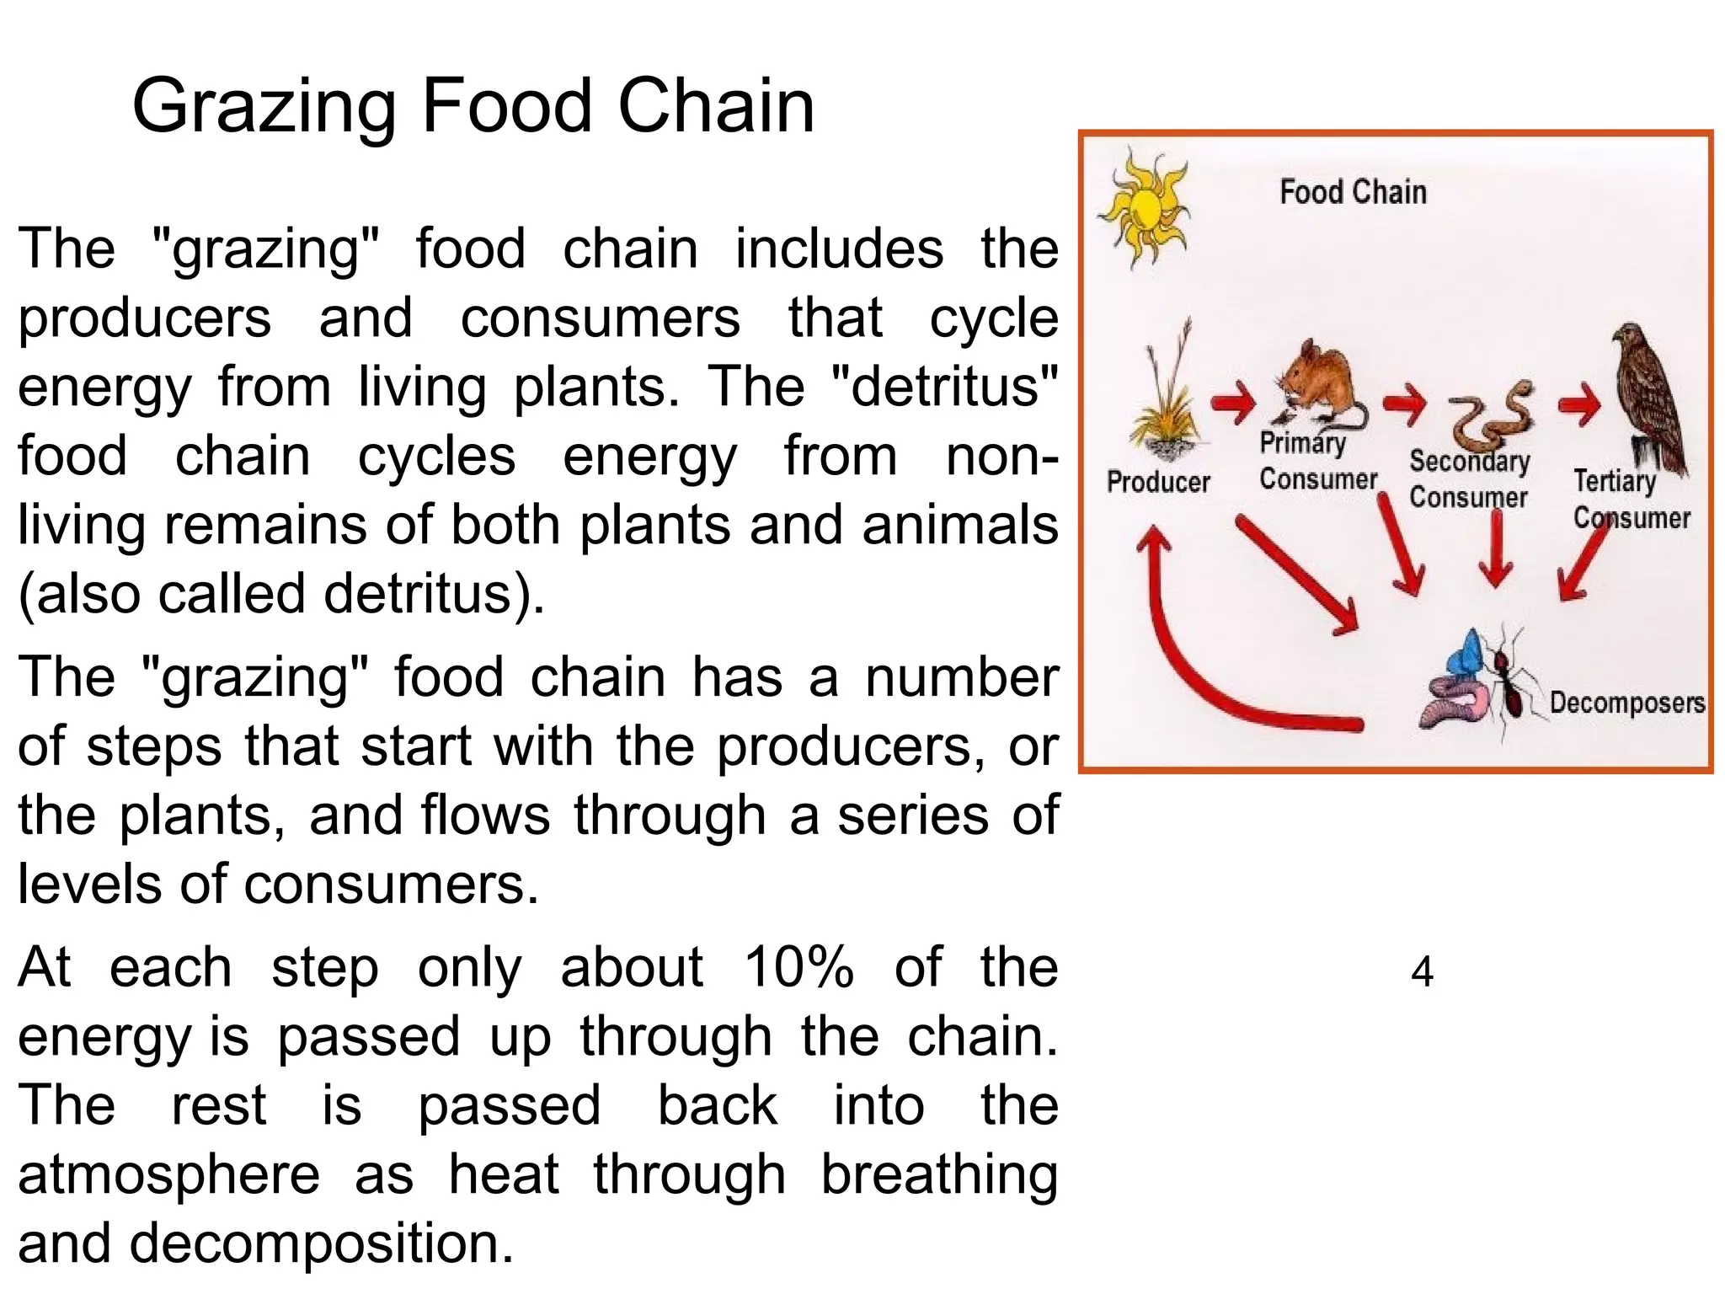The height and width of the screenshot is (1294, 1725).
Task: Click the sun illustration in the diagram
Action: coord(1145,207)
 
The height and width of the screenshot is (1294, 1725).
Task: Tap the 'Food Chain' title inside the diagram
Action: coord(1353,192)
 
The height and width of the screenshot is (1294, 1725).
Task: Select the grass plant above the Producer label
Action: coord(1167,404)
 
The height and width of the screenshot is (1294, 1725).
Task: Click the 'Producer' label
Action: coord(1157,482)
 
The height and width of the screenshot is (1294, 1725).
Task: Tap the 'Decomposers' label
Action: coord(1626,703)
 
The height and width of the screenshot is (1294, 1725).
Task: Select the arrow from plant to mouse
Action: coord(1234,403)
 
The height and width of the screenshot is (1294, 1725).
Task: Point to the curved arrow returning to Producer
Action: coord(1204,666)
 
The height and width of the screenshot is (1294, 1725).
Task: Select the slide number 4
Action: coord(1422,971)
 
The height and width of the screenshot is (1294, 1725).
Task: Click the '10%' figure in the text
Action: coord(798,966)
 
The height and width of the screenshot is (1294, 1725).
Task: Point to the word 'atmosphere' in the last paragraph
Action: coord(168,1174)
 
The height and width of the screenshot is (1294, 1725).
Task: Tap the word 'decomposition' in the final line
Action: coord(321,1243)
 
